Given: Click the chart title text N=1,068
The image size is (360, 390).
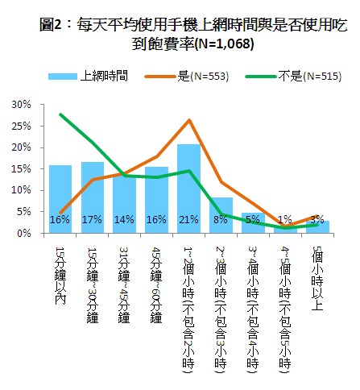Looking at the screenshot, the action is tap(225, 44).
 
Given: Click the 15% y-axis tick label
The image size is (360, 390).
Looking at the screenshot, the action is tap(21, 169).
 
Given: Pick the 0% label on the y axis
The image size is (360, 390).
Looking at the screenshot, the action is tap(24, 234).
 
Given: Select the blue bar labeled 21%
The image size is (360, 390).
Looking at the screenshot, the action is tap(188, 189).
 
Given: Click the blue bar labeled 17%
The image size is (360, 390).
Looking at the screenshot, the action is tap(93, 197).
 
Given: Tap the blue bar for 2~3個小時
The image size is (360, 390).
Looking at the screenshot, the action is tap(221, 215).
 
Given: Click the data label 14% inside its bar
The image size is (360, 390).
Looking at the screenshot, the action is tap(124, 220).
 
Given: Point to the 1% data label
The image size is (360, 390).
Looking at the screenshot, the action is tap(285, 219).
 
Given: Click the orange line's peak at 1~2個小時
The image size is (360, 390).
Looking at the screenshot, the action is tap(189, 120).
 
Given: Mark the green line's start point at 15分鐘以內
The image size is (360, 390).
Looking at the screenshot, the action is tap(60, 114).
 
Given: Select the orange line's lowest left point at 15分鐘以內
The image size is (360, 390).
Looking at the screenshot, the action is tap(60, 213).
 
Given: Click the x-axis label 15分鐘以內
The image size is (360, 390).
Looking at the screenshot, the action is tap(60, 276).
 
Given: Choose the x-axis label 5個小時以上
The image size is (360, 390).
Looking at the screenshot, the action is tap(317, 278).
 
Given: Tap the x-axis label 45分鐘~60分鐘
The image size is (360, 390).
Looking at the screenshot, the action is tap(156, 285).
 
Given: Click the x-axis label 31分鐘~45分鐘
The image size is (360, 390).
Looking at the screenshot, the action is tap(124, 285).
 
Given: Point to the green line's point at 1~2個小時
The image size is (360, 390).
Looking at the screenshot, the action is tap(189, 171).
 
